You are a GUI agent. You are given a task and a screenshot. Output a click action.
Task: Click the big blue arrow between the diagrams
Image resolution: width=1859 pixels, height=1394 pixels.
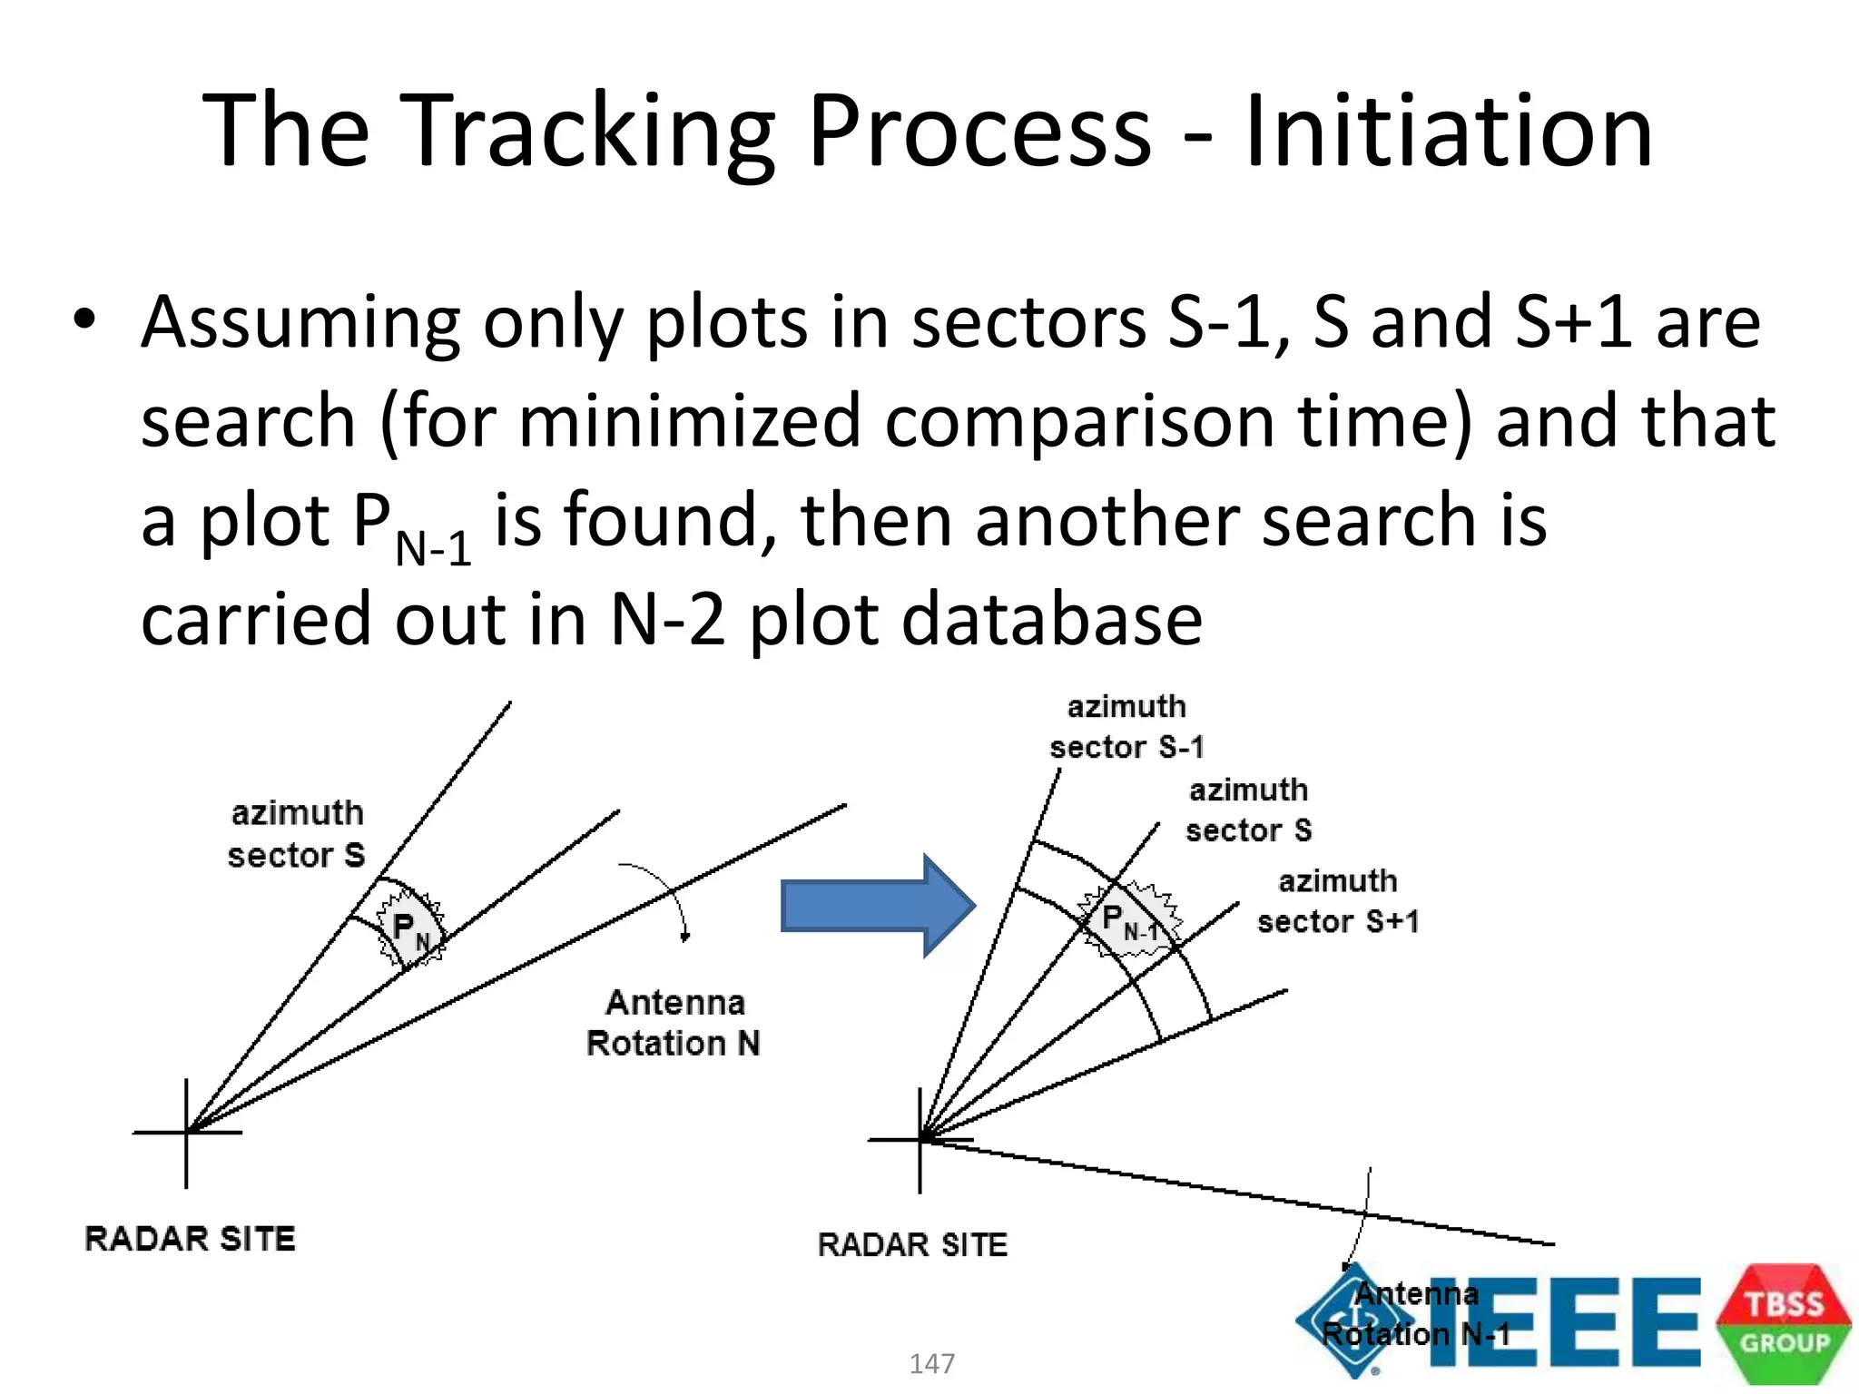(x=877, y=905)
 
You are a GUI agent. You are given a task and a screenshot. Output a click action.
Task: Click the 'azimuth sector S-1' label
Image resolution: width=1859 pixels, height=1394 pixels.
(x=1126, y=727)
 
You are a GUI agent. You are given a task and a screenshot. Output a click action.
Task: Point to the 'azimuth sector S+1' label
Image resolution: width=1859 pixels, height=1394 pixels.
(x=1338, y=901)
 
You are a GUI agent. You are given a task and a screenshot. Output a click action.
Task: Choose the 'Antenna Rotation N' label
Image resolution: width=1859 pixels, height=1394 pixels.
(x=674, y=1023)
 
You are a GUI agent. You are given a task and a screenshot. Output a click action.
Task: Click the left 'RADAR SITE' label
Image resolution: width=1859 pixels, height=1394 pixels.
(x=190, y=1239)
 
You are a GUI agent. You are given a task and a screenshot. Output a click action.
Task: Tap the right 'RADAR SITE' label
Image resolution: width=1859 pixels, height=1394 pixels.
(x=912, y=1245)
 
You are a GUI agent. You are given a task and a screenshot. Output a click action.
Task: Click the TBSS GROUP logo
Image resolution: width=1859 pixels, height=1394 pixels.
(x=1784, y=1323)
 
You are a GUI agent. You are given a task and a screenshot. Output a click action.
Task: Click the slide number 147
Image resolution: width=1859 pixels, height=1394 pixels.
(x=932, y=1363)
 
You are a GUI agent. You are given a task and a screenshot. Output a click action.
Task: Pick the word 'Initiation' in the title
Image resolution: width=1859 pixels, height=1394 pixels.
(x=1449, y=133)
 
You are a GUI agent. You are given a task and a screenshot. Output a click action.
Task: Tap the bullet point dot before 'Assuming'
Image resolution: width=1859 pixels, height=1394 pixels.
(x=84, y=319)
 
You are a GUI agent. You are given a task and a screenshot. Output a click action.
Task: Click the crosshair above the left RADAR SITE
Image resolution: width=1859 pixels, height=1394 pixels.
(x=187, y=1132)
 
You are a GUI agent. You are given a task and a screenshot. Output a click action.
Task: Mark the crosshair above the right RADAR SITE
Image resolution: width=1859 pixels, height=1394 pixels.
(x=920, y=1140)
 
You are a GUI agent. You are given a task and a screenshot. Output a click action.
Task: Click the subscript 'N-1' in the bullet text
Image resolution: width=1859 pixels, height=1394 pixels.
(x=434, y=547)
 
